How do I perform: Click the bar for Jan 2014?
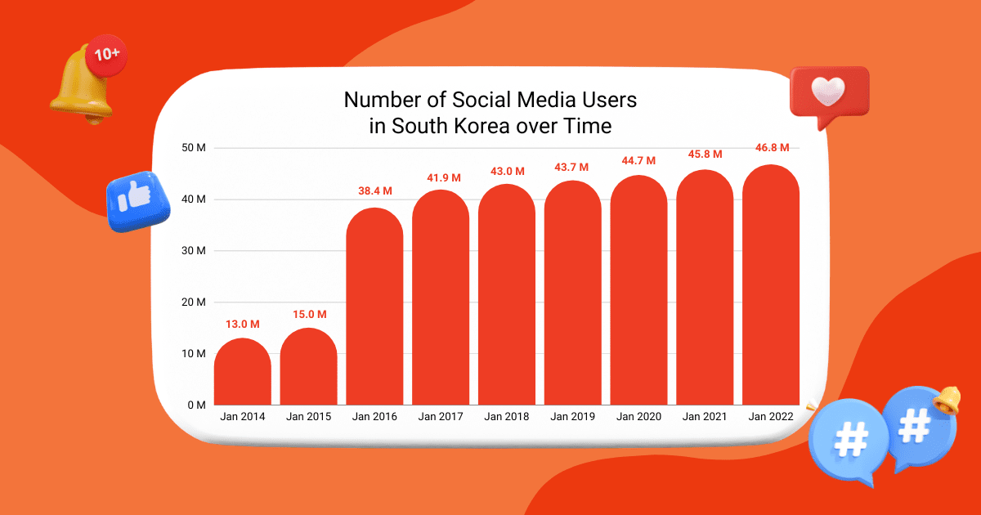[242, 372]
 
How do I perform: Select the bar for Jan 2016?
[374, 307]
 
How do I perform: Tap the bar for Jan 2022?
[771, 285]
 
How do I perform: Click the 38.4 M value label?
[375, 191]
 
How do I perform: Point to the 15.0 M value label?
[309, 315]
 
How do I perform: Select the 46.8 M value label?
[772, 148]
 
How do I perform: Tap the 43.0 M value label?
[508, 171]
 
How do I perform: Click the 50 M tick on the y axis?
[193, 148]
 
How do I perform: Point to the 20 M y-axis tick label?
[193, 302]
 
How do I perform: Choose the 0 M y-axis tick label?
[195, 405]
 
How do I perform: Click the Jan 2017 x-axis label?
[441, 417]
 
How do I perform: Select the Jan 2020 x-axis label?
[638, 417]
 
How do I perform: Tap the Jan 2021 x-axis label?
[705, 417]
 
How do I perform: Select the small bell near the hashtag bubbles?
[948, 400]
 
